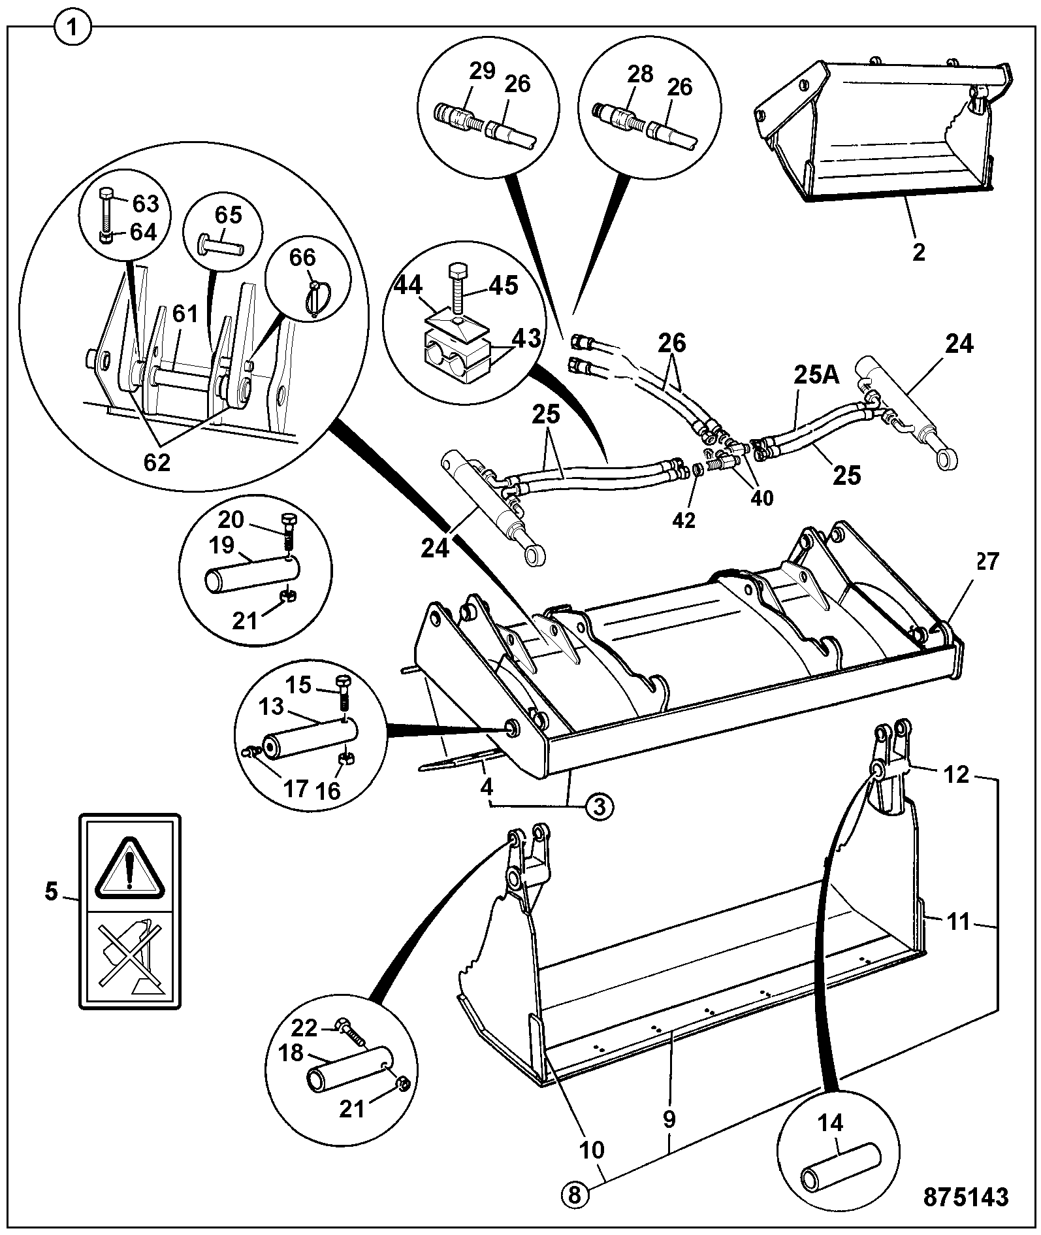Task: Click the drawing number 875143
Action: [966, 1197]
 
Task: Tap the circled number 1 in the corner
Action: [73, 29]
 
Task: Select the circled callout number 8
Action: [574, 1196]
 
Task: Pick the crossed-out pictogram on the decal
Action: [129, 957]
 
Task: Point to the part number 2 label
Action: [919, 252]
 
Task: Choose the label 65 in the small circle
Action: [229, 216]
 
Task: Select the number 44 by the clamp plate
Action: [407, 286]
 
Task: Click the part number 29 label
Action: [483, 71]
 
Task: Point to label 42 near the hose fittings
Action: [684, 520]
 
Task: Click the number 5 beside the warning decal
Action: [52, 892]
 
